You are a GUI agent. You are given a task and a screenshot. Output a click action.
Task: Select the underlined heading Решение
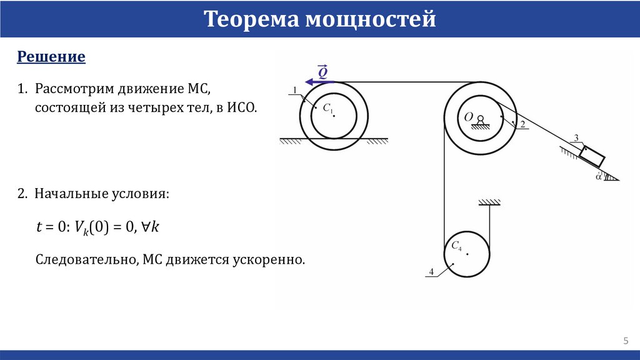point(51,57)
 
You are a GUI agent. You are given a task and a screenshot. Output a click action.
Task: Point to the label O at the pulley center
point(468,116)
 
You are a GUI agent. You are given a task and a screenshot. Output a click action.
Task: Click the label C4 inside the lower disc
point(456,246)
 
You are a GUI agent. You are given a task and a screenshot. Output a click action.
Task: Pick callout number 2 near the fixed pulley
point(522,124)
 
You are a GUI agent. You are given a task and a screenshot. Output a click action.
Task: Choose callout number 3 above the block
point(576,137)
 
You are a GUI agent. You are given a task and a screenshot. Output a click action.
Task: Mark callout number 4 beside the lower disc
point(431,271)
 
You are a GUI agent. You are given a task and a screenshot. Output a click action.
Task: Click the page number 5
point(625,340)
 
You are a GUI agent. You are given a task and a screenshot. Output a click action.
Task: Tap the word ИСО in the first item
point(243,107)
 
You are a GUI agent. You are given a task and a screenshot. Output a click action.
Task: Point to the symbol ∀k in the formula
point(152,227)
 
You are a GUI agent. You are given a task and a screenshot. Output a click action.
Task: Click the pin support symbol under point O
point(480,123)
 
